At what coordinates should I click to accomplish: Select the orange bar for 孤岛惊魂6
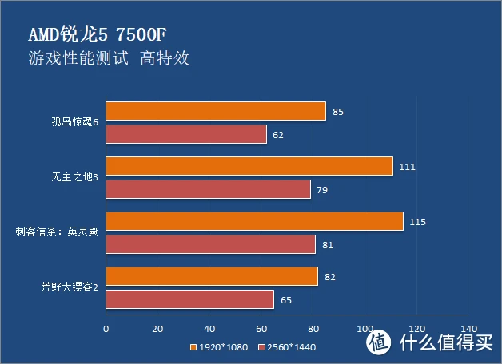[x=215, y=111]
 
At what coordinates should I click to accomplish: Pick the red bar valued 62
[x=185, y=134]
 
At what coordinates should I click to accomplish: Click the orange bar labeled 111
[x=249, y=166]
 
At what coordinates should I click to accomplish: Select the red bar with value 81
[x=210, y=244]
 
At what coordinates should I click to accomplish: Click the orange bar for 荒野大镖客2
[x=211, y=276]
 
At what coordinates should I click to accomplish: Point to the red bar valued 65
[x=189, y=299]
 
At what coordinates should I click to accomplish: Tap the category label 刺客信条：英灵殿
[x=58, y=233]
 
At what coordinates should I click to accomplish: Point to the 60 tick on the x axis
[x=261, y=328]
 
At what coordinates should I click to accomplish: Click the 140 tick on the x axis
[x=468, y=328]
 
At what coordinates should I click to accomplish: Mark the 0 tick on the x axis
[x=106, y=328]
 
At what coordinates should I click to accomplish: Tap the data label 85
[x=338, y=112]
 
